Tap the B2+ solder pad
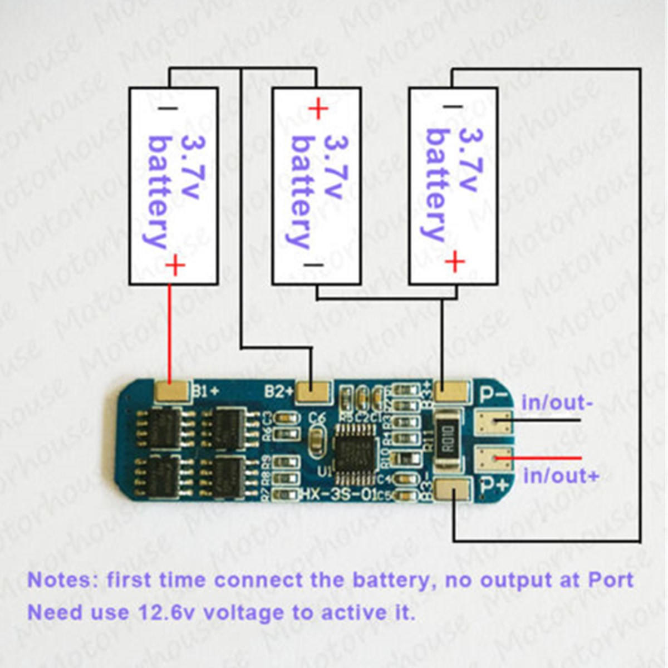point(312,392)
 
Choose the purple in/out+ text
point(561,476)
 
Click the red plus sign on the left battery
point(175,266)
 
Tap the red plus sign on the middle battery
point(318,109)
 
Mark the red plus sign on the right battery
point(455,261)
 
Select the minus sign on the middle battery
point(313,266)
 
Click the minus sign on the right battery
point(453,106)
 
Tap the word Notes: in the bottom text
point(62,580)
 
